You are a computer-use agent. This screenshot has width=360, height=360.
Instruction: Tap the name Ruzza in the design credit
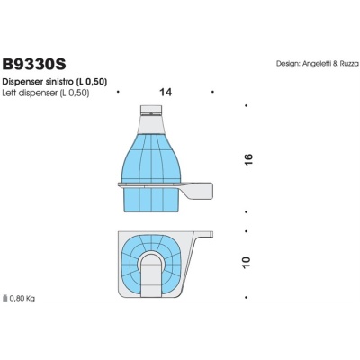[347, 64]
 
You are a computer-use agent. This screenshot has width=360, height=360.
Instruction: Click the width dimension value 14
[166, 92]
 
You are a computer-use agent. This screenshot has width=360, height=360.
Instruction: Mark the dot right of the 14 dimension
[212, 92]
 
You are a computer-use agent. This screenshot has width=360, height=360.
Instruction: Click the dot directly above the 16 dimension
[248, 107]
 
